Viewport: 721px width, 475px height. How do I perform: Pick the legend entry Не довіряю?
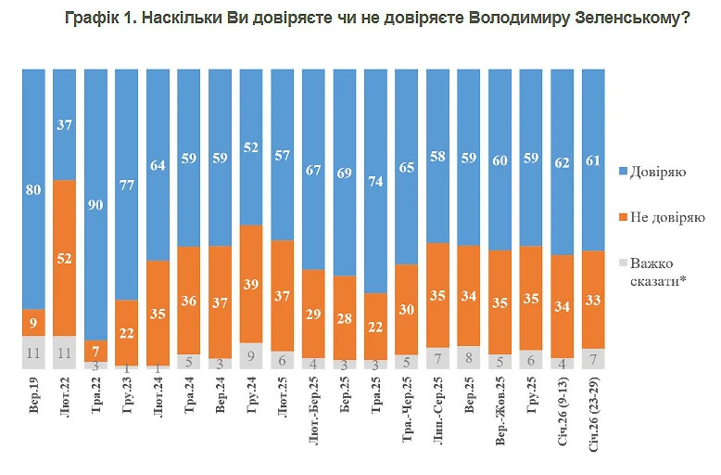click(662, 217)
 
